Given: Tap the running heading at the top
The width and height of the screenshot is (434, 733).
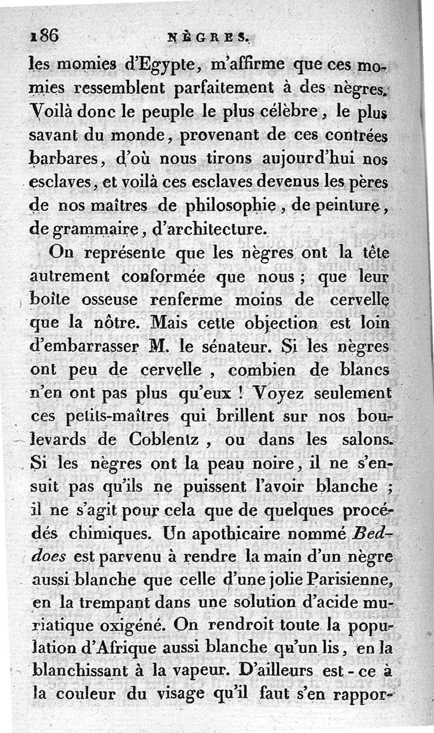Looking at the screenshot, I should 208,38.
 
